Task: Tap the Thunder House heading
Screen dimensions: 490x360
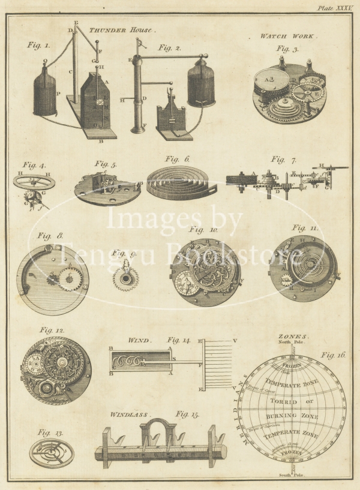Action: point(122,29)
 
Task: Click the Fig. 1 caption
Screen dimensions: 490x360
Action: point(39,44)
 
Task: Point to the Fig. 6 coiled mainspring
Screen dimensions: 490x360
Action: point(178,178)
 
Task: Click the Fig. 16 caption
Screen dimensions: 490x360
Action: point(333,354)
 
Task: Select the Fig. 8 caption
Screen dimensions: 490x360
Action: point(51,236)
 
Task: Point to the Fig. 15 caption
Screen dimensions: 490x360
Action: point(187,414)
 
